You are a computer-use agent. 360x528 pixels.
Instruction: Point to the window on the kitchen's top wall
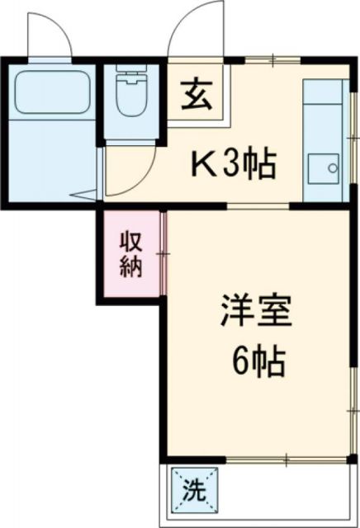pyautogui.click(x=272, y=61)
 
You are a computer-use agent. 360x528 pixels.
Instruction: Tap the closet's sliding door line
pyautogui.click(x=164, y=256)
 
